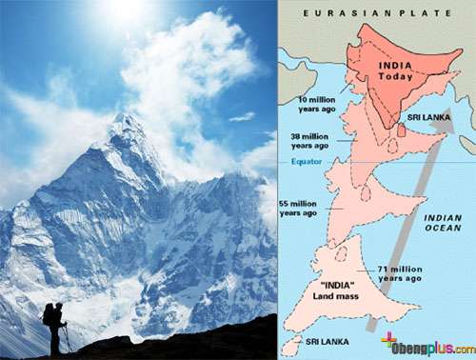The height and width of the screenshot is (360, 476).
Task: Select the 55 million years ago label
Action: coord(304,209)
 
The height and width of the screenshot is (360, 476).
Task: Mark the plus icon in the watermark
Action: coord(388,342)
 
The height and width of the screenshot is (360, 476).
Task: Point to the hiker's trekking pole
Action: coord(68,339)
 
